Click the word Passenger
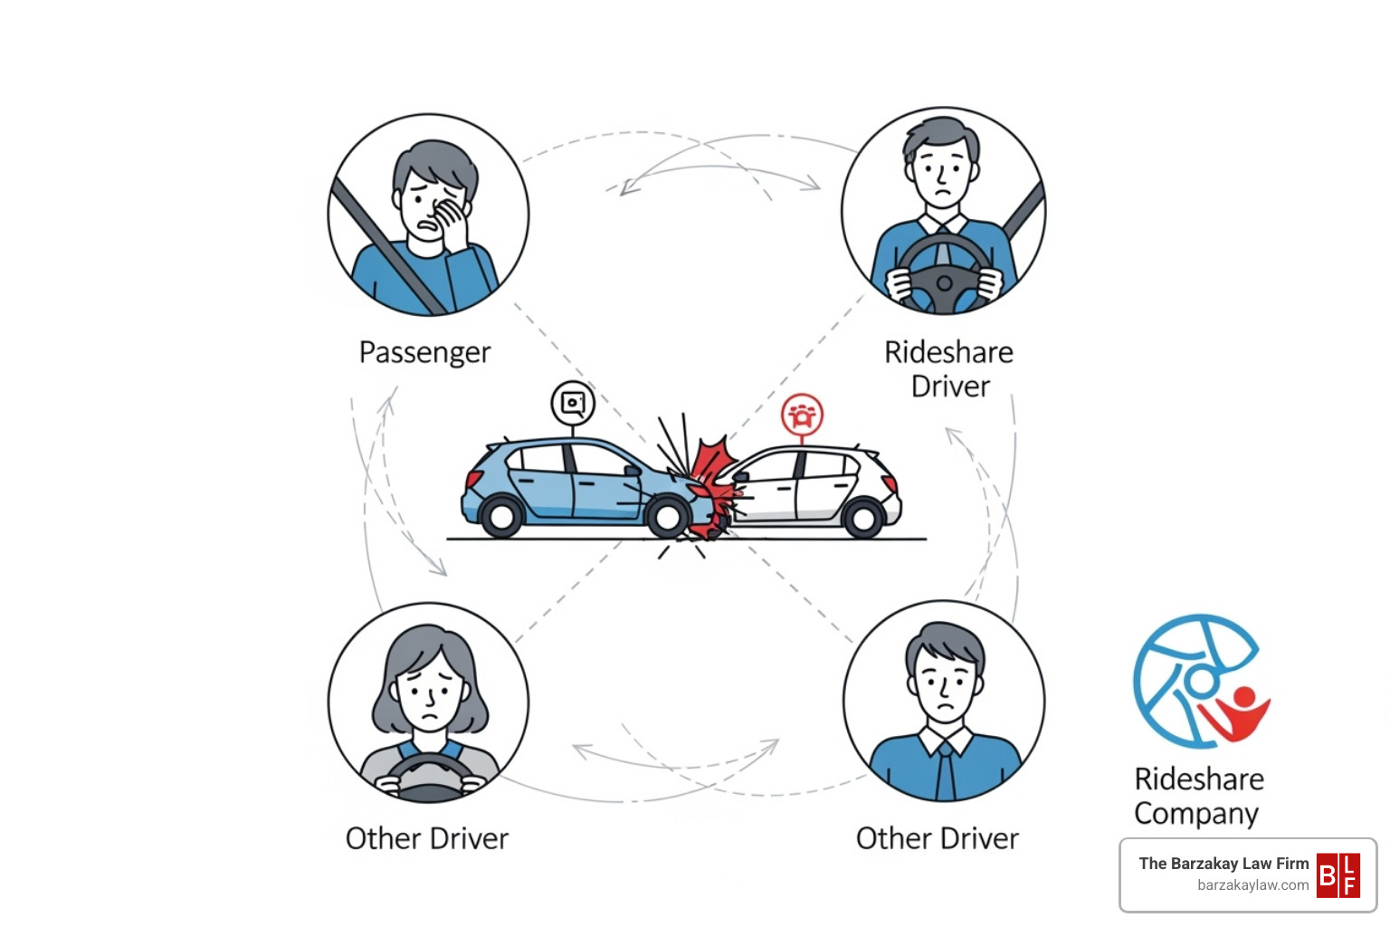pos(424,352)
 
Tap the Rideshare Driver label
pos(948,368)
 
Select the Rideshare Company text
pos(1198,796)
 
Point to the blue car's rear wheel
pos(501,516)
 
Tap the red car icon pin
pos(802,416)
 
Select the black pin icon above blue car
pos(573,403)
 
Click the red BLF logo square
pos(1338,874)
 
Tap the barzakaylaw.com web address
pos(1252,885)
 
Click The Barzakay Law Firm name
pos(1223,864)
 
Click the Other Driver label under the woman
pos(427,838)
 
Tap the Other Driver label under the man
pos(937,838)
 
